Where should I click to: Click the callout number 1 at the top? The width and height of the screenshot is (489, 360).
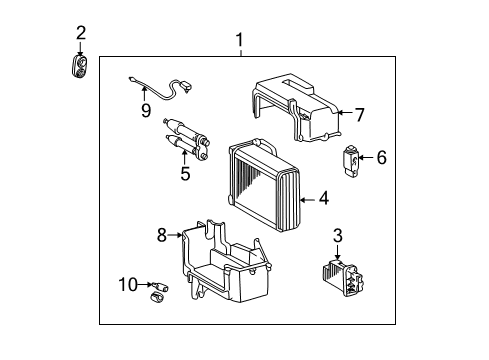pos(238,40)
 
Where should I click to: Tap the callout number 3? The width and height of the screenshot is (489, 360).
pos(338,234)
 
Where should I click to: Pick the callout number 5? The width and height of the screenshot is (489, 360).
pos(185,172)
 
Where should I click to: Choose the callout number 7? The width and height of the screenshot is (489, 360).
pos(360,114)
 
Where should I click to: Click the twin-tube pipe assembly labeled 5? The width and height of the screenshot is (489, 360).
pos(190,138)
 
